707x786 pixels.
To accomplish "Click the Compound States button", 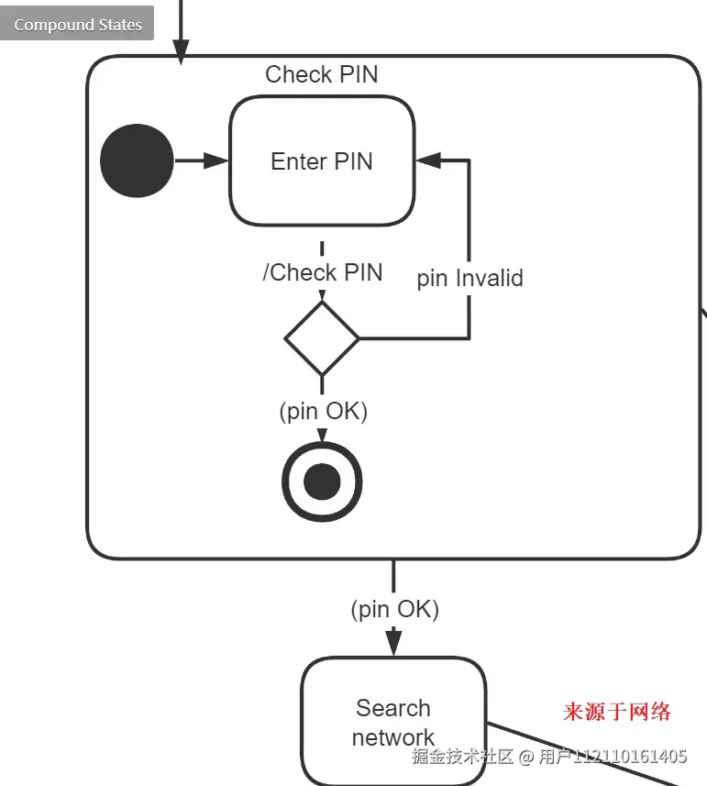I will (77, 25).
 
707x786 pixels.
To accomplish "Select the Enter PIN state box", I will (321, 161).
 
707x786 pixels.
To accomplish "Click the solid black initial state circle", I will (137, 161).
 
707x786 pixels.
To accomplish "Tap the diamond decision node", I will (322, 338).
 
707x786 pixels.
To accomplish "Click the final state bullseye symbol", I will (322, 482).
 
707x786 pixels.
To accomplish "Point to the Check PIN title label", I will (321, 74).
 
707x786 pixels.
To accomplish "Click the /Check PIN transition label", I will (323, 272).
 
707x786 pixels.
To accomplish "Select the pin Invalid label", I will (469, 278).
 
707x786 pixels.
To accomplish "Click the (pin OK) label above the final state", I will (323, 411).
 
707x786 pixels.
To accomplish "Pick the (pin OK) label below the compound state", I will (394, 609).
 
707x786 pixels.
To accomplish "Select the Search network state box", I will (393, 722).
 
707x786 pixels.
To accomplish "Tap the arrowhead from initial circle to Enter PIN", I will (216, 161).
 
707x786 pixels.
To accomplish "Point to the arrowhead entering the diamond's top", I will (322, 294).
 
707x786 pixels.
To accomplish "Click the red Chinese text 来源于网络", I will (616, 712).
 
